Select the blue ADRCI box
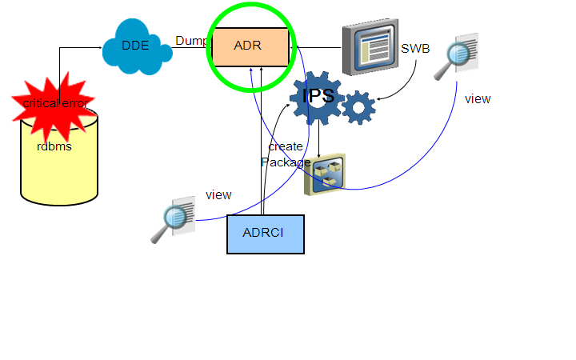(x=265, y=234)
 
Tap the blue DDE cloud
(x=136, y=46)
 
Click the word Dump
(x=192, y=40)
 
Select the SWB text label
(x=415, y=49)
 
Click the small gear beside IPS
(x=358, y=107)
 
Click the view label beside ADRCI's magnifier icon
(x=218, y=194)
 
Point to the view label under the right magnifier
(x=478, y=99)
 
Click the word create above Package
(x=286, y=146)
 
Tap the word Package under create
(x=286, y=162)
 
